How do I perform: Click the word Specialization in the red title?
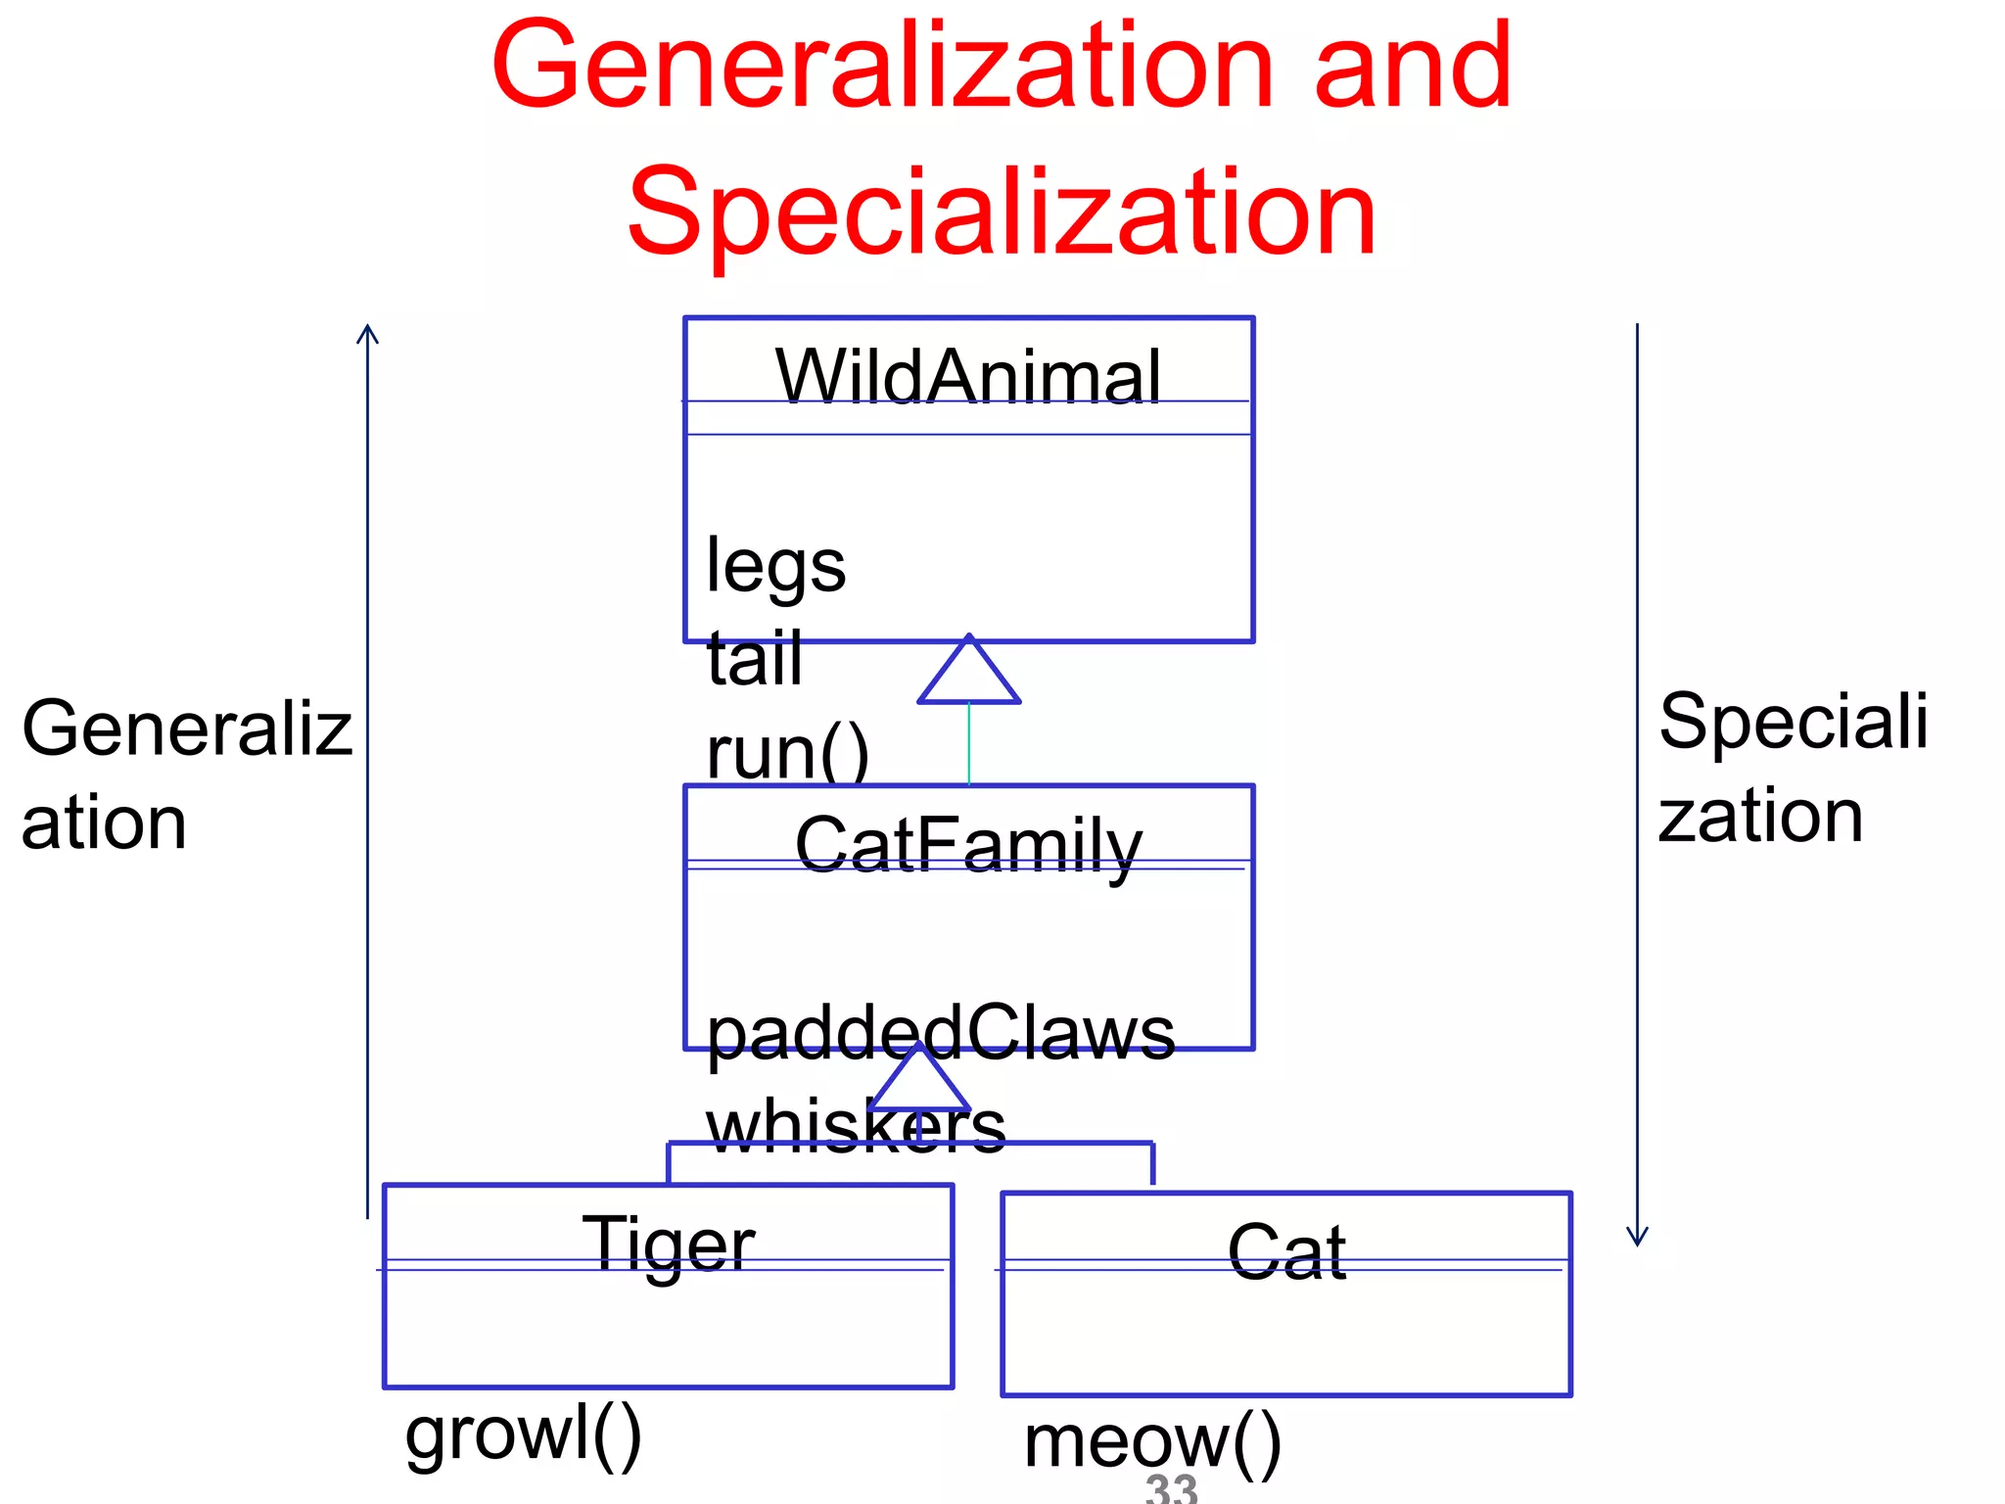(1002, 212)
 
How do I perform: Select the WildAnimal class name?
(967, 377)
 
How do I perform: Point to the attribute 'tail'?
(754, 659)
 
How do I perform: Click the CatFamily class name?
(967, 846)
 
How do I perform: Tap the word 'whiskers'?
(856, 1126)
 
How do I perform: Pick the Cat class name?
(1286, 1252)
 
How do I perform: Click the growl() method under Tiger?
(524, 1434)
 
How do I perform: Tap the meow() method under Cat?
(1152, 1442)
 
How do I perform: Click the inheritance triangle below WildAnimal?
(968, 676)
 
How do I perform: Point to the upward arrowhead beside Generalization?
(367, 334)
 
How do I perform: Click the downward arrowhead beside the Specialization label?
(1637, 1236)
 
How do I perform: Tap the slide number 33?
(1171, 1488)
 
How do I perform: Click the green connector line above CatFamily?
(968, 744)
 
